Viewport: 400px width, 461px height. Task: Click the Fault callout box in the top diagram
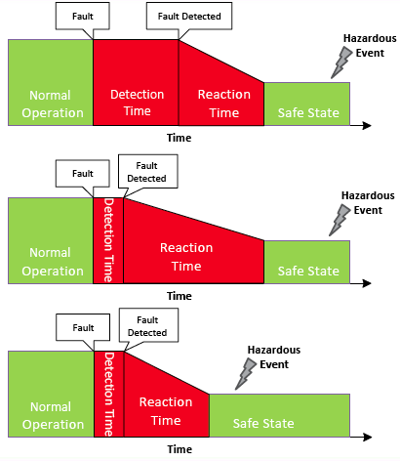point(83,16)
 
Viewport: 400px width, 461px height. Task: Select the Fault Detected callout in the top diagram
point(189,16)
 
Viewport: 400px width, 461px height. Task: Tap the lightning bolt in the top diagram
point(341,63)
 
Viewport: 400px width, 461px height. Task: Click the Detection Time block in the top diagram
point(136,83)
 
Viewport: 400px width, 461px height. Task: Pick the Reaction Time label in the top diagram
point(224,104)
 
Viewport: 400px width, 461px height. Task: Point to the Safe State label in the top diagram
point(308,112)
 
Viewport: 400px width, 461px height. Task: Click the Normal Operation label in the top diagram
point(53,104)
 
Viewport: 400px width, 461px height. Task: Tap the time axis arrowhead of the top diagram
point(367,125)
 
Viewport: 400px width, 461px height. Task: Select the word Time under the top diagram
point(180,138)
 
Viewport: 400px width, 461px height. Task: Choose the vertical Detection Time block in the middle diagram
point(108,240)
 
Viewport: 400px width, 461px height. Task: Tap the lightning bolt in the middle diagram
point(340,220)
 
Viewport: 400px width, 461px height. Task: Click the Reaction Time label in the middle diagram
point(186,257)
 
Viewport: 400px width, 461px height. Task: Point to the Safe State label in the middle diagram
point(308,271)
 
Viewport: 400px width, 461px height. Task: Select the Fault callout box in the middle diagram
point(83,174)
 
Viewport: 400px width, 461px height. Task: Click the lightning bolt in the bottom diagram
point(246,374)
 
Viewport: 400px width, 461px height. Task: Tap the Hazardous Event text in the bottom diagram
point(274,356)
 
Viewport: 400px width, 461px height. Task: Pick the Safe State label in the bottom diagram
point(263,423)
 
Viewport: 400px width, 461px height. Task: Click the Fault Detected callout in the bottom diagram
point(148,325)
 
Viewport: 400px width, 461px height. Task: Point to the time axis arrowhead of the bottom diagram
point(367,437)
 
